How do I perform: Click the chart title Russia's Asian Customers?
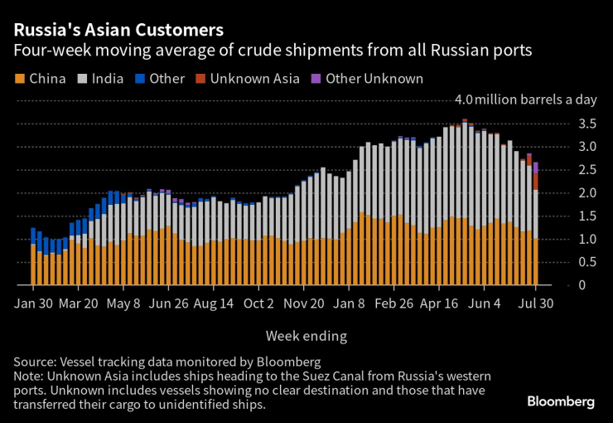click(117, 30)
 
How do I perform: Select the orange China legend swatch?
click(20, 79)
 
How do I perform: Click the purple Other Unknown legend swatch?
click(314, 79)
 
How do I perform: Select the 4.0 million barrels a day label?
click(525, 100)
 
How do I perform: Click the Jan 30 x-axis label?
click(36, 304)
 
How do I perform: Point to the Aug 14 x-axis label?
click(213, 304)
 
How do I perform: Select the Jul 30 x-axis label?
click(537, 304)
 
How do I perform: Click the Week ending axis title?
click(306, 336)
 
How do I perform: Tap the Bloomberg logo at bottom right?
click(561, 401)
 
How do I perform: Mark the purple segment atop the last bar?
click(536, 167)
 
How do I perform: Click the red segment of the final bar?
click(536, 181)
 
